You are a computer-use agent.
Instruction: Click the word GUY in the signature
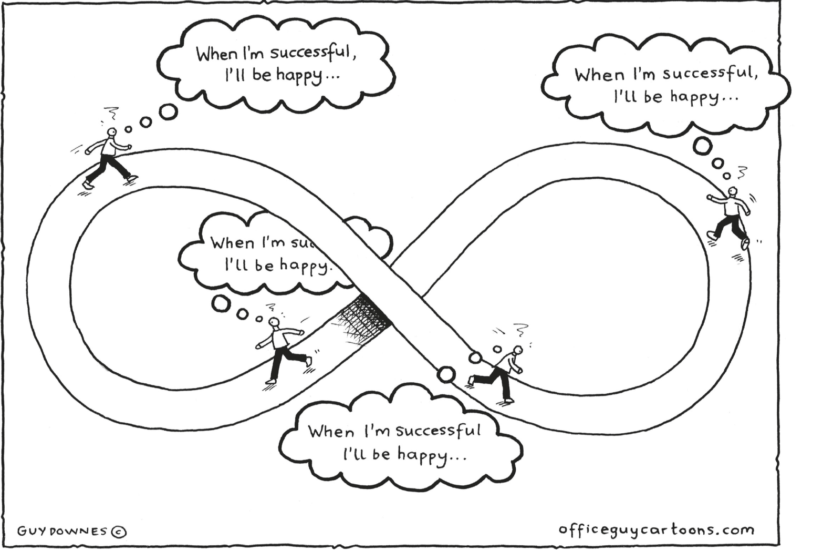pos(29,532)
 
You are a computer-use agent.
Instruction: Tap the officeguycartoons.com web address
pos(656,529)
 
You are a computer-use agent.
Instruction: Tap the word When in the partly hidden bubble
pos(232,243)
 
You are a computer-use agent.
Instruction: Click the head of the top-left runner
pos(111,132)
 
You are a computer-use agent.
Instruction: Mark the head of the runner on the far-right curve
pos(733,192)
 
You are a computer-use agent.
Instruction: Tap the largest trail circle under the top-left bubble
pos(168,112)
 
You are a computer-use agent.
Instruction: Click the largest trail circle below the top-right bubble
pos(702,146)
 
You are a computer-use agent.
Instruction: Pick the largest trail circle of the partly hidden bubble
pos(221,304)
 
